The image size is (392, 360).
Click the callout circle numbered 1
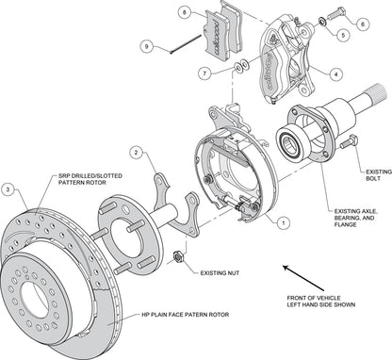click(283, 222)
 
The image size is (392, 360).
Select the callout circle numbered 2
click(136, 153)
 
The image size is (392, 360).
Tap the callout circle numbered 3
click(8, 189)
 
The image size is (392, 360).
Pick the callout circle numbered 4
click(336, 74)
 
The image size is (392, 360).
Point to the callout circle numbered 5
click(343, 35)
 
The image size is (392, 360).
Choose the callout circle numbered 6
click(363, 25)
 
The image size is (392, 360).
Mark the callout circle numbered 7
click(205, 74)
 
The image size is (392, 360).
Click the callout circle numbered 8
click(185, 13)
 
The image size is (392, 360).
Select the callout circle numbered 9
click(147, 47)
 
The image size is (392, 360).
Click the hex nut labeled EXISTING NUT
click(178, 256)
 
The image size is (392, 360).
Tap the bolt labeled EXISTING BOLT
click(349, 141)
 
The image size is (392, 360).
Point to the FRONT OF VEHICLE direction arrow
click(303, 278)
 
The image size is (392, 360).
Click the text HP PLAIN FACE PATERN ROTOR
click(186, 314)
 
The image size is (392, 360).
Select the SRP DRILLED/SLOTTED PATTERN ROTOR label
click(90, 179)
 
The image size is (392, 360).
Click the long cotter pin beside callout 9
click(186, 44)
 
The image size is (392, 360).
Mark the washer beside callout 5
click(322, 22)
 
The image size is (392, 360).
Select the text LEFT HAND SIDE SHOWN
click(321, 304)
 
